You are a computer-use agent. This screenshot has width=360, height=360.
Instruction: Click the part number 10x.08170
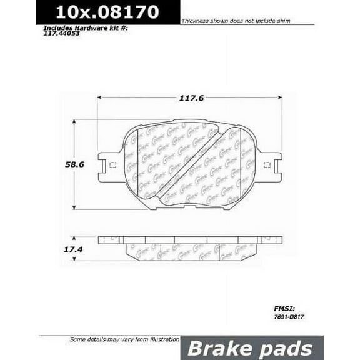108,12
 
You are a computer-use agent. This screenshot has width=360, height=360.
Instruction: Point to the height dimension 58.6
57,165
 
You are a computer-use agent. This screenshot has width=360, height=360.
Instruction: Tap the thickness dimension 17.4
57,249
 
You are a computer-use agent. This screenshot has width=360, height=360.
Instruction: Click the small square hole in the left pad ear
113,166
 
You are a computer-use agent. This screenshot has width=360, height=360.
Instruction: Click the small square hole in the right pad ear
267,166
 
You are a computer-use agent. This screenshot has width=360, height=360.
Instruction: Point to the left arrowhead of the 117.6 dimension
100,98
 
